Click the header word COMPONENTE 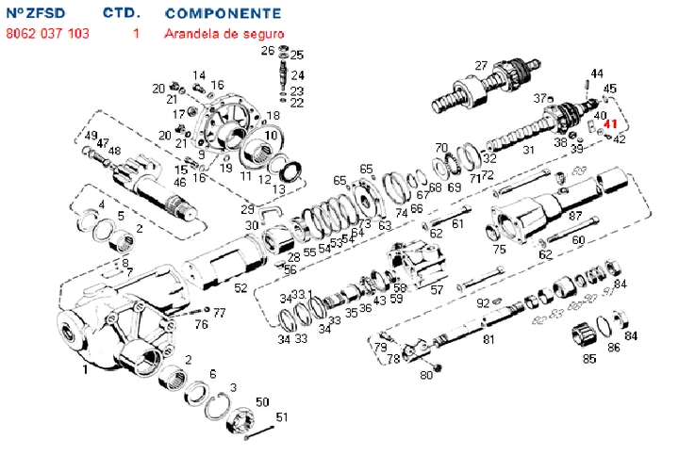(223, 14)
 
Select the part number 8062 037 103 (47, 33)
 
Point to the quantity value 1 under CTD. (136, 33)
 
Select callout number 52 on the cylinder (240, 288)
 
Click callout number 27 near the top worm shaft (481, 65)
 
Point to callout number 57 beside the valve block (437, 289)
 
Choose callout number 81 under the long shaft (489, 339)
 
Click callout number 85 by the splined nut (589, 358)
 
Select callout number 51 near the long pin (281, 417)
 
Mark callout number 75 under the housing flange (499, 251)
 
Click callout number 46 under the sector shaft (179, 182)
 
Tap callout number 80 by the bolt (426, 376)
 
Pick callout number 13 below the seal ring (278, 189)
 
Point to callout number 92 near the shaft (482, 303)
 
